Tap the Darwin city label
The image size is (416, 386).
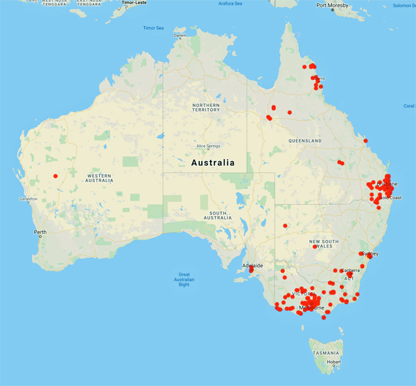180,35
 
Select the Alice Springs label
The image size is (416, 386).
208,146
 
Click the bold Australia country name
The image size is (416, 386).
213,162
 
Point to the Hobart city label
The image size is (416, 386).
333,362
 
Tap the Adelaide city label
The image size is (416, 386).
252,266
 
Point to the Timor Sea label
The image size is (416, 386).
153,28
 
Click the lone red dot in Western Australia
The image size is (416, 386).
55,176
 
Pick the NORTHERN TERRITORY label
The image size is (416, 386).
206,107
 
